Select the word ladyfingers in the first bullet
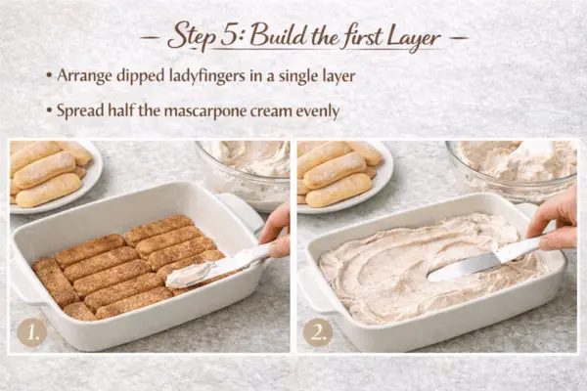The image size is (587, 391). pos(200,76)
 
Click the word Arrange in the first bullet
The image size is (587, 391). pos(84,76)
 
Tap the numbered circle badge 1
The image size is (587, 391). pos(32,332)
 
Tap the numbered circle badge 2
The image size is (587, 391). pos(318,332)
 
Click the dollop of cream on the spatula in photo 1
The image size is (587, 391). pos(187,276)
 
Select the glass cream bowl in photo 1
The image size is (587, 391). pos(244,174)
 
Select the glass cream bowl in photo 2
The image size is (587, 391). pos(512,170)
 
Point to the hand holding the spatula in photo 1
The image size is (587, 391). pos(276,233)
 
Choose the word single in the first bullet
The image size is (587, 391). pos(296,76)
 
